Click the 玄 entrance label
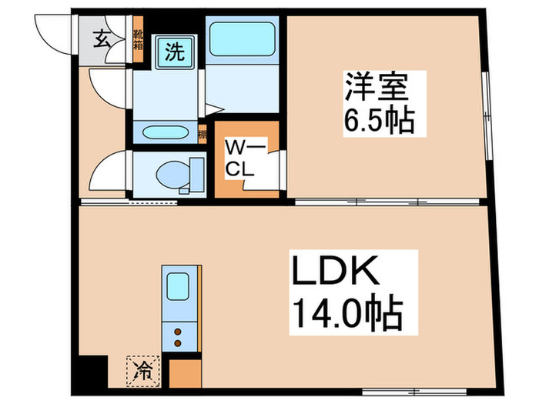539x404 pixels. point(102,38)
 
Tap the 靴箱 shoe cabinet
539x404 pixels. point(139,38)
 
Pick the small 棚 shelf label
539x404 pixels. point(202,134)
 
